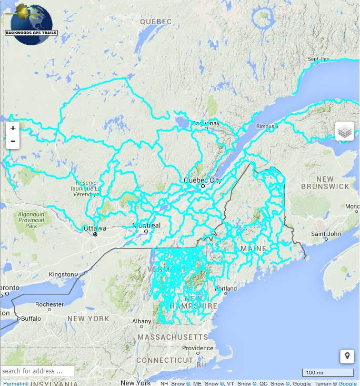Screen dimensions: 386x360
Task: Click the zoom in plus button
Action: (13, 128)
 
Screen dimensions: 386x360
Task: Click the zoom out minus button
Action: (13, 142)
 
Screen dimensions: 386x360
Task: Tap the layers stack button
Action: (345, 131)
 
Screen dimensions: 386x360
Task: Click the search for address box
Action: (37, 371)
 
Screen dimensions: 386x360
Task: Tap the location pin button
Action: (347, 356)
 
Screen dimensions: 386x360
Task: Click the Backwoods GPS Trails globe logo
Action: (32, 24)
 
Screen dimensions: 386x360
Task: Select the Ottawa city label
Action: (95, 229)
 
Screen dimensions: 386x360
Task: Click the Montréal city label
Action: (146, 226)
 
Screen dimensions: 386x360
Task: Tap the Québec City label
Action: (203, 180)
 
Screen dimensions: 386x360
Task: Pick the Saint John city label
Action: (326, 234)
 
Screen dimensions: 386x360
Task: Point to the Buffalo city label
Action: (31, 319)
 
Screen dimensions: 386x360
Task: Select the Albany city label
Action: (142, 321)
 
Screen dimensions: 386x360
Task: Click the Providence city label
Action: (198, 349)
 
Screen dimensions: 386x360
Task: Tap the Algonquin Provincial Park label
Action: (31, 220)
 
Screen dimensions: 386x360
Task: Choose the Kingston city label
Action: (62, 274)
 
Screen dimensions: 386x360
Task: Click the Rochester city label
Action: (49, 304)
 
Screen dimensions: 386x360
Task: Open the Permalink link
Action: (16, 383)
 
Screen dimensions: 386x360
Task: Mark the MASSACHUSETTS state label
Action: (173, 336)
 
